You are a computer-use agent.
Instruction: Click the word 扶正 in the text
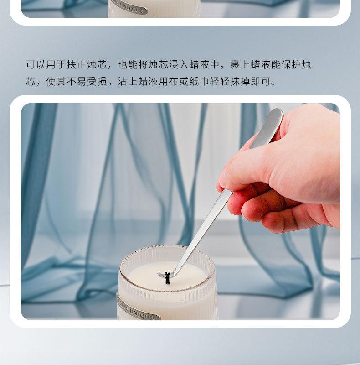point(77,64)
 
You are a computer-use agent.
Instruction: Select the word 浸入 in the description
point(179,64)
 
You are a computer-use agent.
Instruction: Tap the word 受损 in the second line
point(97,82)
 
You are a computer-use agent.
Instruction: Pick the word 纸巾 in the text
point(199,82)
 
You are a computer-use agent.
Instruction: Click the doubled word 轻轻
point(220,82)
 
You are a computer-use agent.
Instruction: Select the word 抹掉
point(240,82)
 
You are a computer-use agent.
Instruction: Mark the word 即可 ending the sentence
point(261,82)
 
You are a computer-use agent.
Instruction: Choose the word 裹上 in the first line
point(240,64)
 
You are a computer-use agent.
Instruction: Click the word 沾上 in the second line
point(128,82)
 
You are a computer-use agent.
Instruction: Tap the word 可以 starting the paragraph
point(36,64)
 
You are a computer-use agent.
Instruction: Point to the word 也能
point(128,64)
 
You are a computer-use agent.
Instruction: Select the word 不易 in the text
point(77,82)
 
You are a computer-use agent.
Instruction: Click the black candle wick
point(167,278)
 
